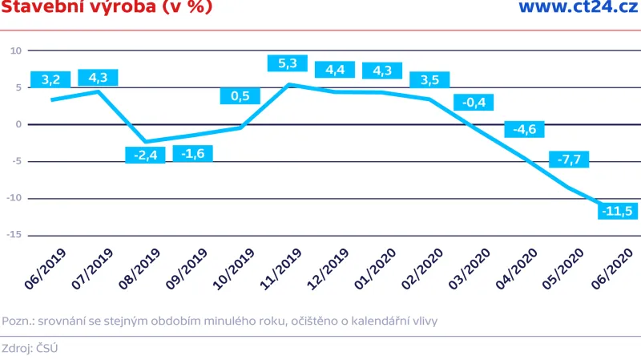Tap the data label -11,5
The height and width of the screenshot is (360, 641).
click(x=618, y=212)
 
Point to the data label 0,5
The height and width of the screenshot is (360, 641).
click(x=240, y=96)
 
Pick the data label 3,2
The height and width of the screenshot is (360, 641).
click(x=50, y=79)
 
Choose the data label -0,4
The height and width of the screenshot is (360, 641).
click(x=474, y=102)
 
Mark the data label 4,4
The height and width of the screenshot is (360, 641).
click(x=335, y=70)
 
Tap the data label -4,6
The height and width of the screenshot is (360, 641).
click(x=525, y=129)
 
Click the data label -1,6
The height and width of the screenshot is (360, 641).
click(x=193, y=153)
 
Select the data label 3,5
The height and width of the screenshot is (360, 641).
click(x=429, y=79)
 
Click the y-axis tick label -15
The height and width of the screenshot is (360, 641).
click(x=14, y=236)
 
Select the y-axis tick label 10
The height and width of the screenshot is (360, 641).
click(x=14, y=51)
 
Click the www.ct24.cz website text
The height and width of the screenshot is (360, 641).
click(x=577, y=8)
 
